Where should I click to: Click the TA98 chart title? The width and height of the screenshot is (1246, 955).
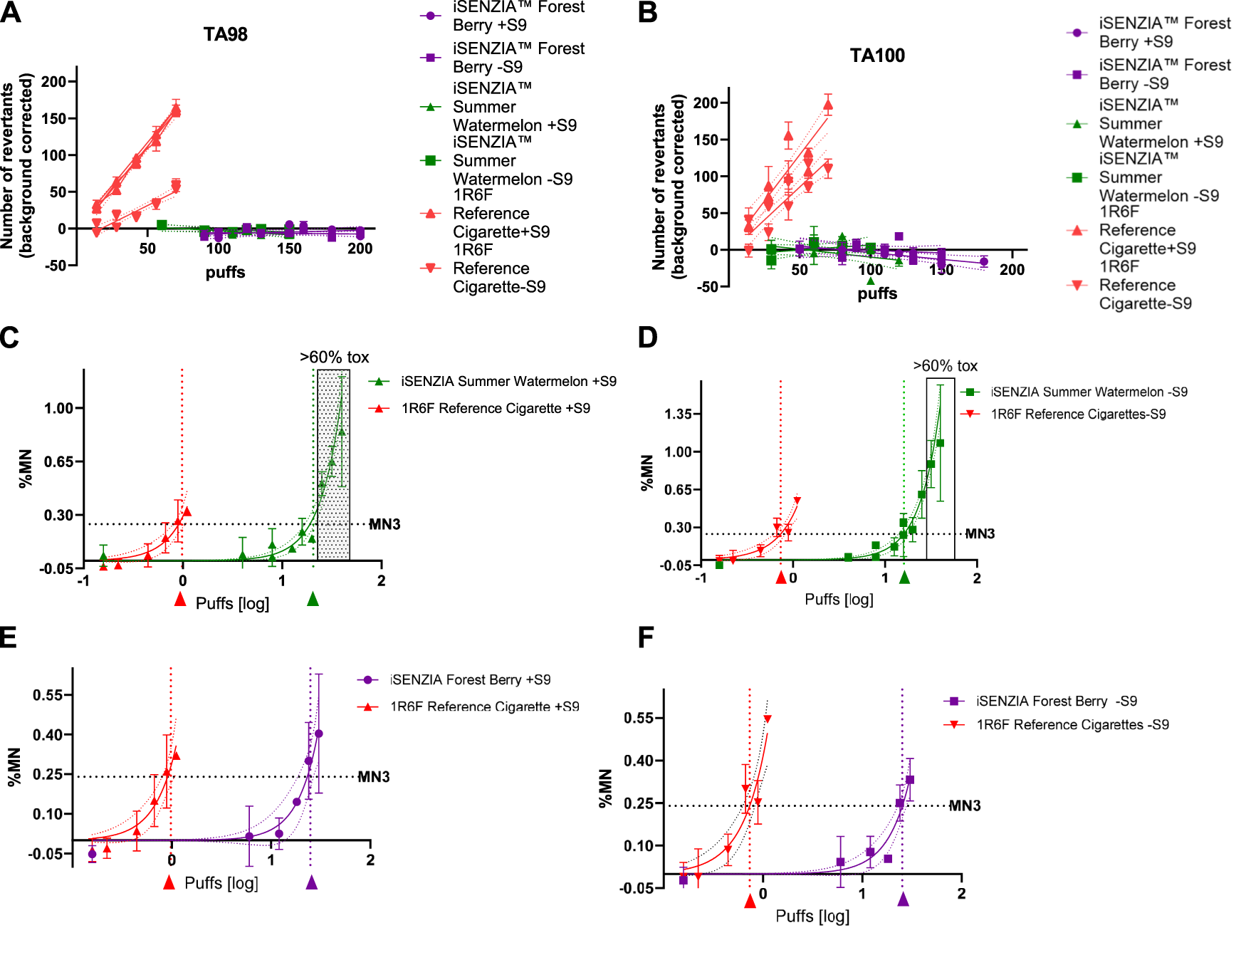(x=225, y=34)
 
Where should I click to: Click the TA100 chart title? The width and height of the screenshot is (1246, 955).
(x=876, y=56)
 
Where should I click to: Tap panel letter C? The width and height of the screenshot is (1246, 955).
(x=9, y=337)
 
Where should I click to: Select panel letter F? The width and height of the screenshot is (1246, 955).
(x=646, y=637)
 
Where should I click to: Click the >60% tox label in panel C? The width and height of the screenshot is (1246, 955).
(x=334, y=358)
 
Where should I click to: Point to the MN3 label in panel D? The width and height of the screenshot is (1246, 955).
(x=979, y=534)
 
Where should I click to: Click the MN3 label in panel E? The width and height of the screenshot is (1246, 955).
(x=373, y=777)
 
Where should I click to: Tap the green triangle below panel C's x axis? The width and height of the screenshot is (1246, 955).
(x=313, y=600)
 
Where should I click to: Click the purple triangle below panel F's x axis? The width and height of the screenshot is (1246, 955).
(x=903, y=900)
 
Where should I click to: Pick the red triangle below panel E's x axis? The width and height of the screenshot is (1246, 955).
(x=169, y=883)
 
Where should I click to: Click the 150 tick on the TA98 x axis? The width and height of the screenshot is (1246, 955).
(x=289, y=249)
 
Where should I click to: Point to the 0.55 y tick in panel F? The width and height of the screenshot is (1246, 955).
(x=638, y=718)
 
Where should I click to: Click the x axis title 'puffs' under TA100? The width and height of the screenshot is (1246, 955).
(x=876, y=293)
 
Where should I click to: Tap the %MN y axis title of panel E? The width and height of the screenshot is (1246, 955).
(x=14, y=767)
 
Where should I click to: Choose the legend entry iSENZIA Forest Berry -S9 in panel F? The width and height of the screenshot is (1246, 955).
(x=1056, y=701)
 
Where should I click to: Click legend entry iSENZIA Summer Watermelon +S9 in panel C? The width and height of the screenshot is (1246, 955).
(x=508, y=382)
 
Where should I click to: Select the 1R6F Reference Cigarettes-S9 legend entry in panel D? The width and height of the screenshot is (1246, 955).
(x=1077, y=414)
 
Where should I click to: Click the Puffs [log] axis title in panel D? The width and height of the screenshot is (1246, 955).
(x=838, y=600)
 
